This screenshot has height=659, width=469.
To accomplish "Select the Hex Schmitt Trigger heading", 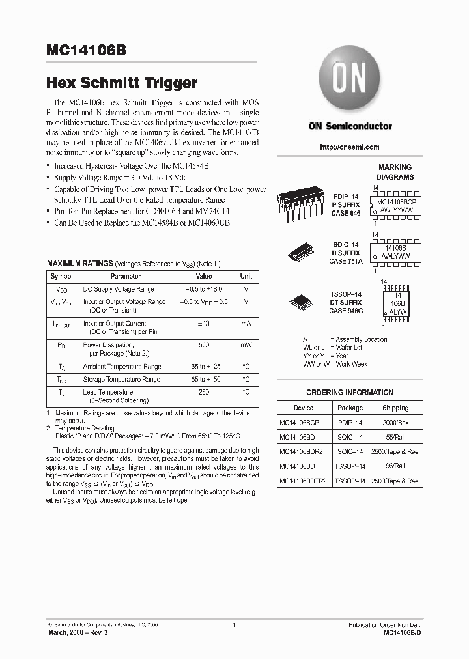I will click(121, 83).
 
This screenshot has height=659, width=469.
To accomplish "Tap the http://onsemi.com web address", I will click(350, 147).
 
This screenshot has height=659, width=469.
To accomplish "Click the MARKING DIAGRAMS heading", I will click(395, 172).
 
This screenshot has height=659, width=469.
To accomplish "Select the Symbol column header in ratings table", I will click(61, 276).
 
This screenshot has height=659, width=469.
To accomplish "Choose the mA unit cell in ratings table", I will click(246, 323).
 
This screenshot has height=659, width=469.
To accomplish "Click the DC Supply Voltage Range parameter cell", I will click(118, 289).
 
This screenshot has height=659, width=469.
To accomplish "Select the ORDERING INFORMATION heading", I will click(350, 393).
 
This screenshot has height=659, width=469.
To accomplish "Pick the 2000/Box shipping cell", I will click(395, 423).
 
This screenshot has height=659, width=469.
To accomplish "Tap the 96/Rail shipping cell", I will click(395, 467).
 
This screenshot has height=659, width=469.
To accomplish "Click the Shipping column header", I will click(395, 408).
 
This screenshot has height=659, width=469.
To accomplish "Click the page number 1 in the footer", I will click(233, 625).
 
